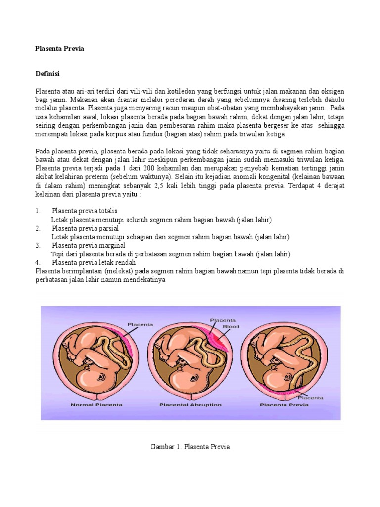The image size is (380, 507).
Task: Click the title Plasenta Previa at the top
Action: coord(60,49)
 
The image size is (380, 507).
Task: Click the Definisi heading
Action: coord(47,74)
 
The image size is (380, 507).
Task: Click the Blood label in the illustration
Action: coord(231,327)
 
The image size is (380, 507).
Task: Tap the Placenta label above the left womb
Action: coord(141,325)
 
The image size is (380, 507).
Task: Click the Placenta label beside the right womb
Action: coord(310,397)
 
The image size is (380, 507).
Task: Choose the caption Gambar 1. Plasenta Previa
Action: coord(190,447)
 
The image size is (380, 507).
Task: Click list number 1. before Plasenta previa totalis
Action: coord(38,211)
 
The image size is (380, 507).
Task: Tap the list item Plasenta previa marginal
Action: coord(89,245)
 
